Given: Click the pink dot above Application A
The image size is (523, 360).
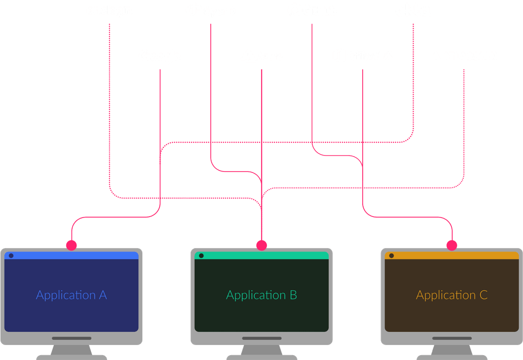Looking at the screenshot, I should (71, 245).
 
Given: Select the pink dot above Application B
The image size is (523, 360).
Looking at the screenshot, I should (261, 245).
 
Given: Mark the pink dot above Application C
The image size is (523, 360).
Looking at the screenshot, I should (452, 245).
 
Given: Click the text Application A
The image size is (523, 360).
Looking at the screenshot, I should (71, 295).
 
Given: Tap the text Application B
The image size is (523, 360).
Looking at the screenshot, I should (261, 295).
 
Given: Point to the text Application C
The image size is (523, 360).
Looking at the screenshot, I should (452, 295).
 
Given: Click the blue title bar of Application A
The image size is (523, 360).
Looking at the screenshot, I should (77, 255).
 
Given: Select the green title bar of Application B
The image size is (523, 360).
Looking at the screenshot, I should (266, 255).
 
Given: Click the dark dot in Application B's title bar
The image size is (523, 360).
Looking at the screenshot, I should (201, 255).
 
